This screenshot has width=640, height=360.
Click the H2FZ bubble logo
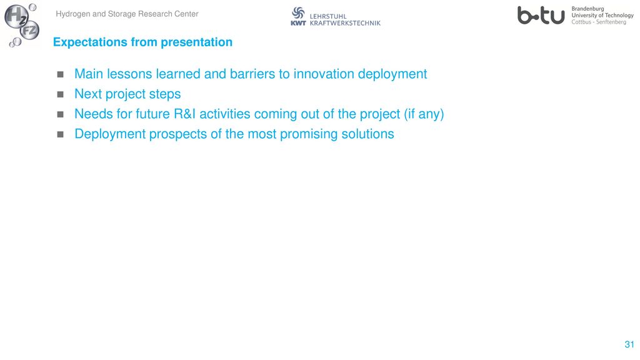point(22,24)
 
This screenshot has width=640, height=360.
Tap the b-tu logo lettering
point(541,15)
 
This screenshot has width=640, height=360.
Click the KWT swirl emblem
point(298,12)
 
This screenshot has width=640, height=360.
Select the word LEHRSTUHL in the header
point(327,16)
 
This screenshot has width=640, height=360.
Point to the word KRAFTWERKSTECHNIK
point(345,23)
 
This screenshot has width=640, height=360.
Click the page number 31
point(629,344)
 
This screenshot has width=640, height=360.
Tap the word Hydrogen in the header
point(73,14)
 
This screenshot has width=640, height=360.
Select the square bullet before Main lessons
point(61,74)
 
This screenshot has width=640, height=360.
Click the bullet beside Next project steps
point(61,94)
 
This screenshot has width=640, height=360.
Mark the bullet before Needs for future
point(61,114)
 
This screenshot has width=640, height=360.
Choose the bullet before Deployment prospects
point(61,134)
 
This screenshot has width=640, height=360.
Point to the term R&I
point(185,114)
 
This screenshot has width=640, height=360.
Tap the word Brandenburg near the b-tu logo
point(587,9)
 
